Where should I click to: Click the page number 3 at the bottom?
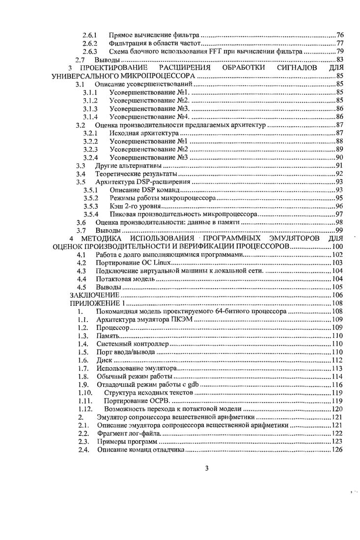[207, 467]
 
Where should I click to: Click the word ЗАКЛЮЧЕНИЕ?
[95, 295]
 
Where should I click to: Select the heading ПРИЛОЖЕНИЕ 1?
[97, 303]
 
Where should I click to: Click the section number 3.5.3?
[91, 206]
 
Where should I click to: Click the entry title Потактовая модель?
[125, 279]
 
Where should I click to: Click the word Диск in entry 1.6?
[104, 360]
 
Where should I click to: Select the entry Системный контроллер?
[126, 344]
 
